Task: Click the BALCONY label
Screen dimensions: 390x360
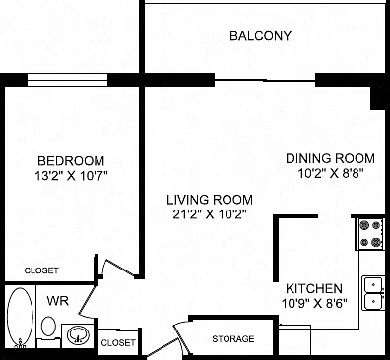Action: coord(260,35)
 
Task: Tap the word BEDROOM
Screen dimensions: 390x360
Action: coord(71,161)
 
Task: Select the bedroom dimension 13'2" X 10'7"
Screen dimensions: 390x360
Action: coord(71,176)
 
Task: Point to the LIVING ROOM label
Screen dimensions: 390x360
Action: coord(210,200)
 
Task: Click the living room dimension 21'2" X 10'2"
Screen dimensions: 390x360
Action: coord(210,214)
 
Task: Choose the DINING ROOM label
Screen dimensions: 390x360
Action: coord(330,158)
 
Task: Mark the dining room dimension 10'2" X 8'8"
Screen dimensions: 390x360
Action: coord(330,173)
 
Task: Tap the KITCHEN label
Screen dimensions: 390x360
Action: coord(314,289)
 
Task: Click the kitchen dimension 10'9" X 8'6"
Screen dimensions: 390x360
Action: coord(314,303)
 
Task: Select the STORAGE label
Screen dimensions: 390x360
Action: coord(233,339)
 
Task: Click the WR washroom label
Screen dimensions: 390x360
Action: coord(58,301)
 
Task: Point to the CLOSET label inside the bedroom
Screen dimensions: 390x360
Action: coord(41,270)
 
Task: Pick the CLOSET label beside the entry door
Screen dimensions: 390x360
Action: coord(118,343)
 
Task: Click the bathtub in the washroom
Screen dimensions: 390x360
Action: coord(20,318)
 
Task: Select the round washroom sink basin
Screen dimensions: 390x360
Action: coord(78,335)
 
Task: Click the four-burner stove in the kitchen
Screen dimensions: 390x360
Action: coord(370,233)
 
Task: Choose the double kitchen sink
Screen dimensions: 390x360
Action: coord(373,293)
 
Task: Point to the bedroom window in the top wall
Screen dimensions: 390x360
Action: coord(67,80)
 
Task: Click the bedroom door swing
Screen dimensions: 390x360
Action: coord(120,269)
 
